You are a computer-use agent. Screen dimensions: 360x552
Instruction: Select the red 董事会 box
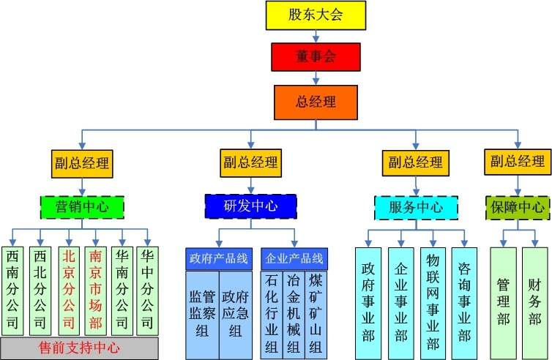pos(316,56)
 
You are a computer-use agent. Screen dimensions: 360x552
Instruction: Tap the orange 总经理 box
pos(316,102)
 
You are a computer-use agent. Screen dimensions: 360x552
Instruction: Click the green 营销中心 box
pos(81,206)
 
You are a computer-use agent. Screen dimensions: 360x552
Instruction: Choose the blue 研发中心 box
pos(250,206)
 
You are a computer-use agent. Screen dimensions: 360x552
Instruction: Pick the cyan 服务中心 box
pos(416,207)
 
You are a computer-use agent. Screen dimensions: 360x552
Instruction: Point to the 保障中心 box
pos(518,207)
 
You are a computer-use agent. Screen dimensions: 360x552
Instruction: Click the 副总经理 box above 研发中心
pos(250,162)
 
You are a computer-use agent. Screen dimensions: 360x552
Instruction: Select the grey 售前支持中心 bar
pos(79,348)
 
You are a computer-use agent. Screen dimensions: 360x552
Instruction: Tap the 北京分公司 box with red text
pos(69,290)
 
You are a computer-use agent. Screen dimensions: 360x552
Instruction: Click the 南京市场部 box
pos(96,290)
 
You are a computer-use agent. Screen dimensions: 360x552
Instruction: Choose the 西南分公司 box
pos(13,290)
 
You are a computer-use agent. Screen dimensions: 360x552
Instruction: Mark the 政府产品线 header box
pos(216,259)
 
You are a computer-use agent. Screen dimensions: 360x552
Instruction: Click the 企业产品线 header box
pos(294,259)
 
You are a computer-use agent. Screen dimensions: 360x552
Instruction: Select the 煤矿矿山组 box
pos(316,315)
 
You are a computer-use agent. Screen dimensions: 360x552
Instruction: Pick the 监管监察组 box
pos(202,315)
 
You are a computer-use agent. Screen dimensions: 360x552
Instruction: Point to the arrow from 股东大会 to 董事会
pos(315,35)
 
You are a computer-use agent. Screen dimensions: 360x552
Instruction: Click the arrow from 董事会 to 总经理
pos(316,78)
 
